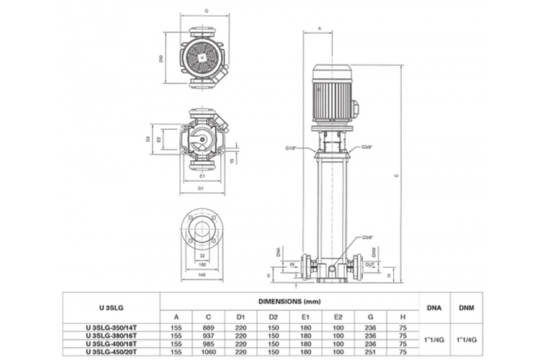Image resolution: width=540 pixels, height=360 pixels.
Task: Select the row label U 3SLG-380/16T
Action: pos(110,336)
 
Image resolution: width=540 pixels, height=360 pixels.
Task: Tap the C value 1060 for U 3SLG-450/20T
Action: pos(209,352)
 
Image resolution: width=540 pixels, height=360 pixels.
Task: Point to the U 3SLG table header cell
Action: pos(110,307)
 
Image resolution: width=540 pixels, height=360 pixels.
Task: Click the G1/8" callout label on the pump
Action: pos(291,149)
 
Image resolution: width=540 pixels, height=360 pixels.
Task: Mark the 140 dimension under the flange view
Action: pos(202,275)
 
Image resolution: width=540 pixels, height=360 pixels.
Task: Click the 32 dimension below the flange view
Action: pos(202,256)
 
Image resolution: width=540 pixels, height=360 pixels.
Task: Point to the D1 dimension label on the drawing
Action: pos(202,189)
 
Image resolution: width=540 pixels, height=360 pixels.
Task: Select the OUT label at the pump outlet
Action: pos(369,264)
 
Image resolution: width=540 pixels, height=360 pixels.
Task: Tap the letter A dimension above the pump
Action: pos(319,29)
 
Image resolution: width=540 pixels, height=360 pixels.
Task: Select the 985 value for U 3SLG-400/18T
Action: pos(209,344)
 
